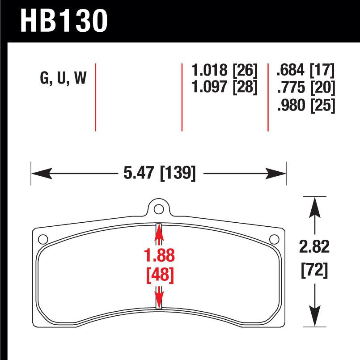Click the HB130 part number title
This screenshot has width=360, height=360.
pyautogui.click(x=64, y=21)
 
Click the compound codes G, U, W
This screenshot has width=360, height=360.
pyautogui.click(x=63, y=79)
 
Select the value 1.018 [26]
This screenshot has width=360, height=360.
pyautogui.click(x=224, y=71)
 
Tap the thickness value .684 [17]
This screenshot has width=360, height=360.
pyautogui.click(x=306, y=71)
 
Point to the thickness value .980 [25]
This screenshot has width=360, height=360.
pyautogui.click(x=306, y=106)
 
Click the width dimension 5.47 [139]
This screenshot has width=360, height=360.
pyautogui.click(x=159, y=173)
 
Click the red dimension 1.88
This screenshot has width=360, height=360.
pyautogui.click(x=159, y=257)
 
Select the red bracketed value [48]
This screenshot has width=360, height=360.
pyautogui.click(x=159, y=274)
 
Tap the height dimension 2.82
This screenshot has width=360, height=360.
pyautogui.click(x=316, y=247)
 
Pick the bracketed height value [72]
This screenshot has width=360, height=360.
pyautogui.click(x=316, y=270)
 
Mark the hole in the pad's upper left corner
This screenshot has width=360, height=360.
pyautogui.click(x=43, y=239)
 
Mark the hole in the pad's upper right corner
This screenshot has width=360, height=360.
pyautogui.click(x=274, y=239)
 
